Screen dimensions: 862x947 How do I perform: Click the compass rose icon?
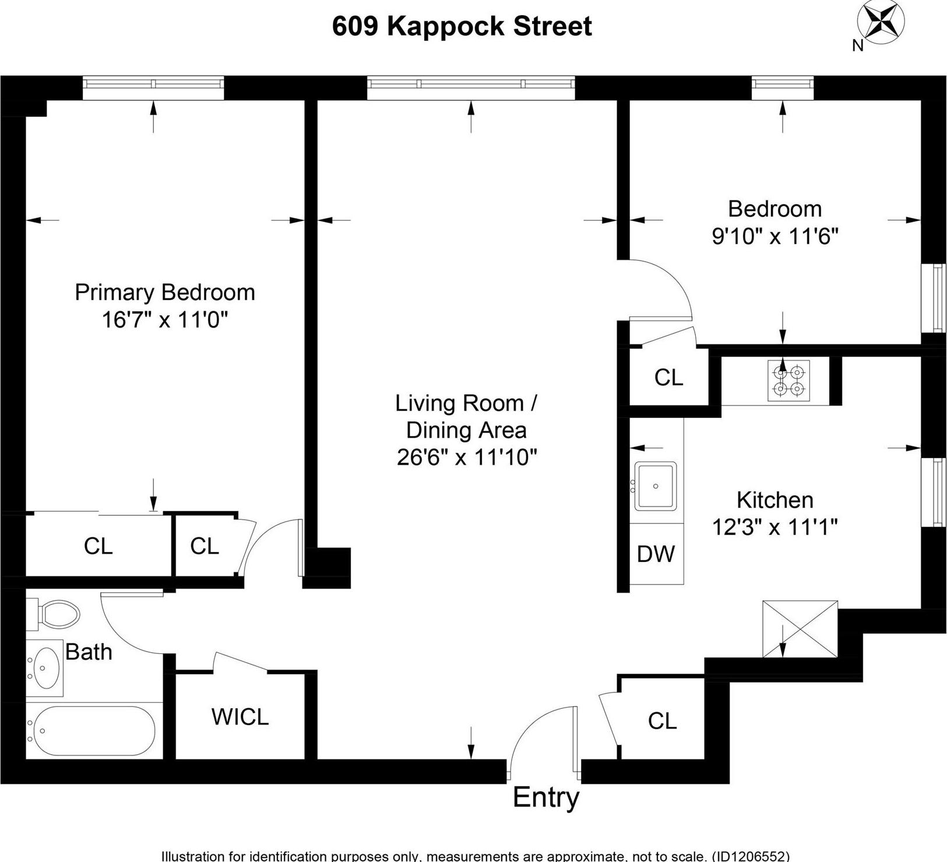point(881,23)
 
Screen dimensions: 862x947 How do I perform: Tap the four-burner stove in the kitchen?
point(788,380)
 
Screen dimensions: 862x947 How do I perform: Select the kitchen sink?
point(656,486)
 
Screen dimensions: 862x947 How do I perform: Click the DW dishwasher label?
point(656,554)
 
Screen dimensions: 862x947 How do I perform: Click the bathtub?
point(94,731)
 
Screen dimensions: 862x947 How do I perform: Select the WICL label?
point(240,717)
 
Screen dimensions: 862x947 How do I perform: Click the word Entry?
point(546,798)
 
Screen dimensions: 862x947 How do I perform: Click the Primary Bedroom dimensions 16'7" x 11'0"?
point(164,320)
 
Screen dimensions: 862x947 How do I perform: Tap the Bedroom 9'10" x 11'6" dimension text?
point(775,237)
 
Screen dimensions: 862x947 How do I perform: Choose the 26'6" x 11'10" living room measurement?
point(466,458)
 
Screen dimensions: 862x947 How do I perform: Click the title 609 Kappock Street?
point(462,27)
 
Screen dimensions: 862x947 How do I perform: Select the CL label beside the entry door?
point(662,722)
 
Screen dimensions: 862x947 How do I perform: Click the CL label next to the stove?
point(668,378)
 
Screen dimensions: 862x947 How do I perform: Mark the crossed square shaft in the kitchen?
point(800,628)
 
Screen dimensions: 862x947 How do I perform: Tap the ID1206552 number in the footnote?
point(749,856)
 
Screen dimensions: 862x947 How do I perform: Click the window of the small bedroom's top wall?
point(782,86)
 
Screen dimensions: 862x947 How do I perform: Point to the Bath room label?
point(89,652)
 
